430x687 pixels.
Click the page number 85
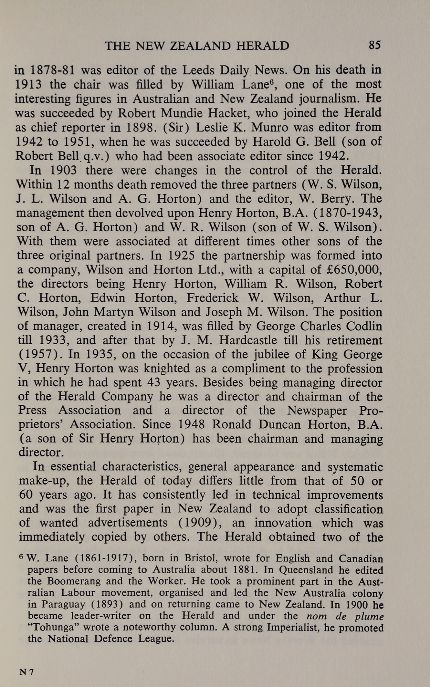coord(375,45)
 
